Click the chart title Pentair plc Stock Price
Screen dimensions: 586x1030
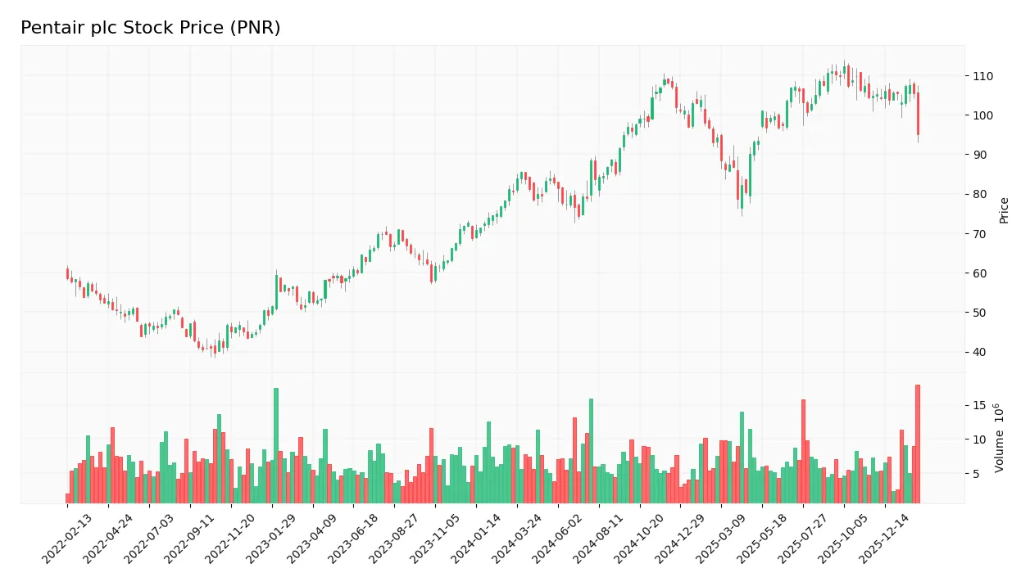pyautogui.click(x=150, y=28)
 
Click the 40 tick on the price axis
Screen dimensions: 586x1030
pyautogui.click(x=978, y=353)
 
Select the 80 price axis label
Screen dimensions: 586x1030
pyautogui.click(x=978, y=195)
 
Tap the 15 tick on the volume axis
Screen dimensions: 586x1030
pyautogui.click(x=978, y=405)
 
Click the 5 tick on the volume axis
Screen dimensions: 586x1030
pyautogui.click(x=976, y=474)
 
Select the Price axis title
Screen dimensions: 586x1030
pyautogui.click(x=1004, y=210)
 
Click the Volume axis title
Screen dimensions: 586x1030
pyautogui.click(x=999, y=438)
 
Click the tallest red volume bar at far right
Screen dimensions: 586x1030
pyautogui.click(x=918, y=444)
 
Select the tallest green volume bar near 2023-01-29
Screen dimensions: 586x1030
pyautogui.click(x=276, y=445)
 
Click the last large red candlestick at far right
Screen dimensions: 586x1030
pyautogui.click(x=918, y=114)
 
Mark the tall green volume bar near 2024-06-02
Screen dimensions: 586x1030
pyautogui.click(x=591, y=450)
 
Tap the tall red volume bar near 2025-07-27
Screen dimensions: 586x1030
pyautogui.click(x=803, y=451)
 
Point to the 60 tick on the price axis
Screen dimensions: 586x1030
pyautogui.click(x=978, y=273)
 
